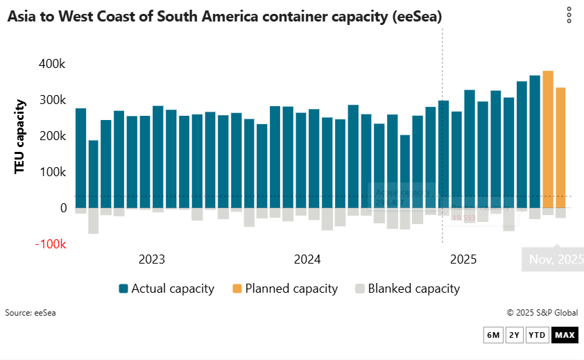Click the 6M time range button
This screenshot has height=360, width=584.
(493, 336)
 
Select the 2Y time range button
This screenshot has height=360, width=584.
(514, 336)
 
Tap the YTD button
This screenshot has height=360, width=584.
(537, 336)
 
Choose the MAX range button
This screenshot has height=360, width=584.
(565, 336)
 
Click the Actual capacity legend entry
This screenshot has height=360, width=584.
(166, 289)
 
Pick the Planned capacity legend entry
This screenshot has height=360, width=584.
(284, 289)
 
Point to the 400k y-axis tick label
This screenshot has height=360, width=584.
(52, 64)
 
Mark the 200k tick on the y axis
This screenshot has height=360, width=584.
(52, 136)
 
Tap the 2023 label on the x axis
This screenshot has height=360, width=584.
(152, 260)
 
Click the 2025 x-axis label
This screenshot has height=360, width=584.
(463, 260)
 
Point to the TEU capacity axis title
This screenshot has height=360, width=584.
(20, 136)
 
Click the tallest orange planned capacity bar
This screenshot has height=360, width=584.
(548, 139)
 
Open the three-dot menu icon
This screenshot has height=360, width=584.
(569, 15)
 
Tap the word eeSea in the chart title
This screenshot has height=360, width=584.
(417, 16)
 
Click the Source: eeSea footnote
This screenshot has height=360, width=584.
(31, 313)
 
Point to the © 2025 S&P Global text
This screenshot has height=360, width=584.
(542, 313)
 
